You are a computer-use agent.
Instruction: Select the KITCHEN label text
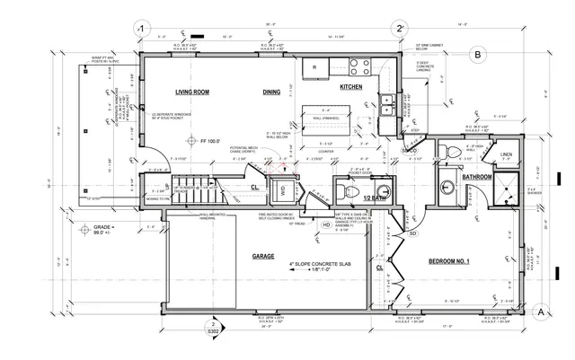(x=350, y=87)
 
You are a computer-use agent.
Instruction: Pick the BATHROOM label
(x=476, y=178)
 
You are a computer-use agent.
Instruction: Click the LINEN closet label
(x=507, y=155)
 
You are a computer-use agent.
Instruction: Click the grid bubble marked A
(x=541, y=312)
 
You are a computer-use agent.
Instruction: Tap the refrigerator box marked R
(x=314, y=66)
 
